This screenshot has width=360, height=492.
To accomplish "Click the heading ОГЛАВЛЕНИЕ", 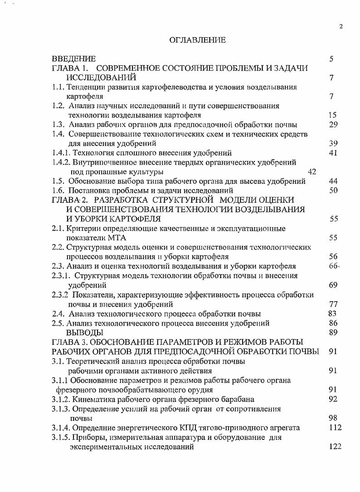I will [x=197, y=40].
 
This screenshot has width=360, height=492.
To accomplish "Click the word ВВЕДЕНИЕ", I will [x=73, y=58].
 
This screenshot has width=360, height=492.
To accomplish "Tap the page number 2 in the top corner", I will [x=341, y=26].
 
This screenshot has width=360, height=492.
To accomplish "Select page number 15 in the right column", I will [x=332, y=115].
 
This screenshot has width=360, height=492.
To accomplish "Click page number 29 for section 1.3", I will [x=333, y=125].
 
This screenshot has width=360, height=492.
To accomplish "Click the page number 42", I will [x=311, y=172].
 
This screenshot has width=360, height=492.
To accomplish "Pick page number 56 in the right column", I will [x=333, y=257].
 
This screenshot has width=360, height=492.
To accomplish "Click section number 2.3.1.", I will [x=62, y=276].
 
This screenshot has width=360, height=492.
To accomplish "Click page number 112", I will [x=335, y=428].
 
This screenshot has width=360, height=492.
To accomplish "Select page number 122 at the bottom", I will [x=335, y=447].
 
